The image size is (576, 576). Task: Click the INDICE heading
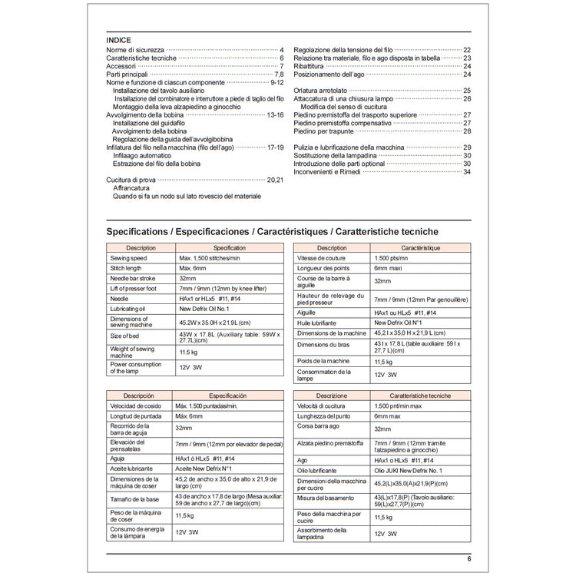pyautogui.click(x=119, y=40)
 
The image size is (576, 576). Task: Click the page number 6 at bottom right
pyautogui.click(x=468, y=558)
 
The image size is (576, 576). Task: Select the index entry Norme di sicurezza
pyautogui.click(x=134, y=50)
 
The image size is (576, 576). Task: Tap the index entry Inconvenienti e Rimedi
pyautogui.click(x=331, y=171)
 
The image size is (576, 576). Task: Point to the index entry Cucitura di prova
pyautogui.click(x=132, y=179)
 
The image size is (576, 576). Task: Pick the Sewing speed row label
pyautogui.click(x=127, y=258)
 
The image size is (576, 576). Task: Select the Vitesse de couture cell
pyautogui.click(x=323, y=258)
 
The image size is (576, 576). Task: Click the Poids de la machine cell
pyautogui.click(x=323, y=361)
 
